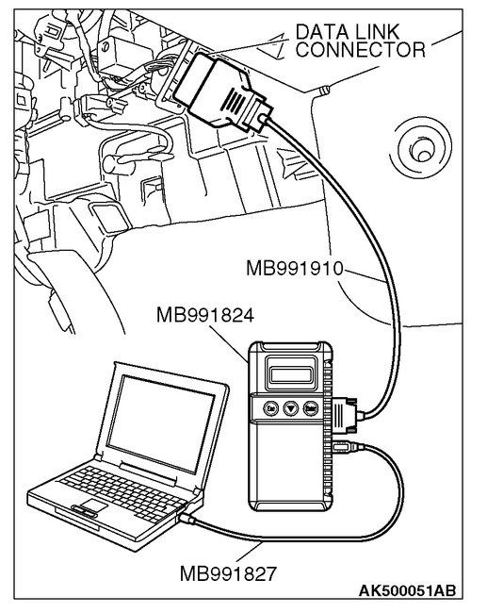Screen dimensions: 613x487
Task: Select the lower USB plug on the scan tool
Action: tap(342, 443)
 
